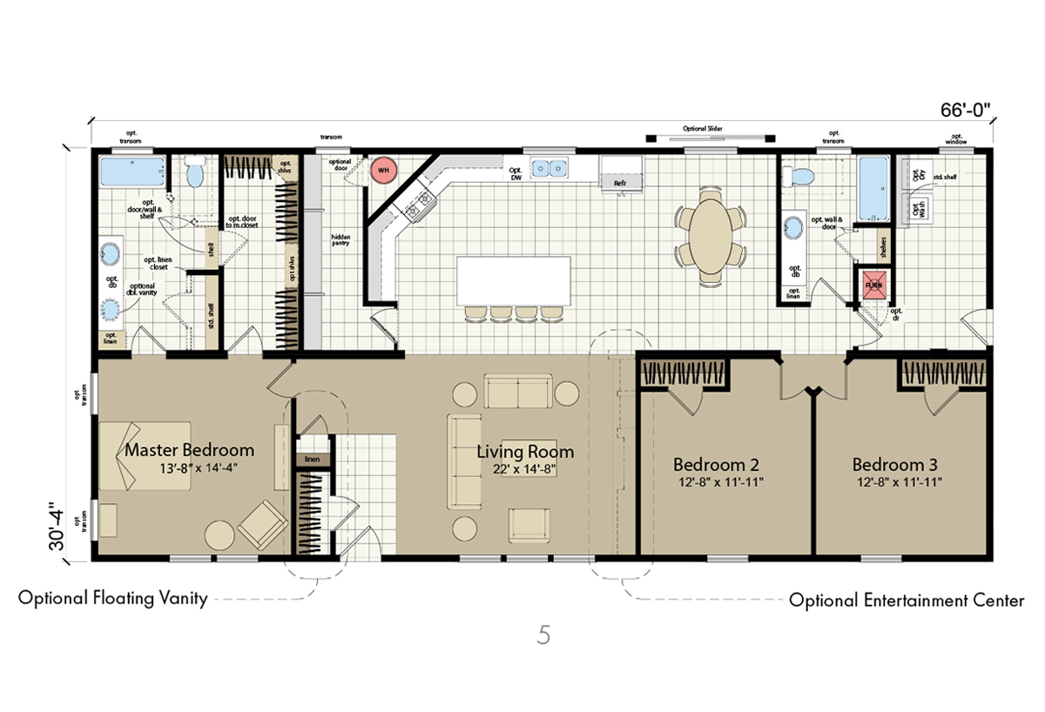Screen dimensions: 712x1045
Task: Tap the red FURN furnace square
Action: (874, 285)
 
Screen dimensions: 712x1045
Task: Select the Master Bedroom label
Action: (189, 450)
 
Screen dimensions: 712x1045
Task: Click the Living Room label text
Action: (525, 452)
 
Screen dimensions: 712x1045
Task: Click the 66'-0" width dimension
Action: (965, 111)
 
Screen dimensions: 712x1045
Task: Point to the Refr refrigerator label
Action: (620, 184)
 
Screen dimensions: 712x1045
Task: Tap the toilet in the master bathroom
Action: (194, 175)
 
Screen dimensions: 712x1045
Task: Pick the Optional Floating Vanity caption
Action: (112, 599)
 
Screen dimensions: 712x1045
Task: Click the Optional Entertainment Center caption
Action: (906, 601)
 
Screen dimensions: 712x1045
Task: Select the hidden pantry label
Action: (339, 239)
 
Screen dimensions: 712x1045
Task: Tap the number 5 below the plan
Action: (543, 635)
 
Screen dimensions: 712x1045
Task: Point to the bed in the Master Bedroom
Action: (144, 455)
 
